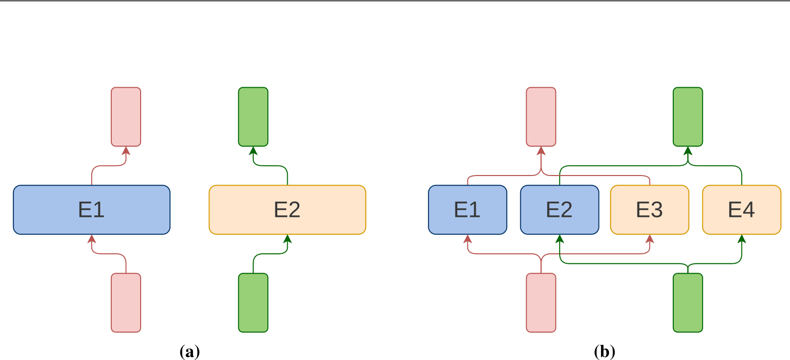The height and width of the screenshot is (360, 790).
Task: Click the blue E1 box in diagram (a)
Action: click(x=92, y=209)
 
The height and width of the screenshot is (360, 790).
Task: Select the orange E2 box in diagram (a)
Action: click(x=287, y=209)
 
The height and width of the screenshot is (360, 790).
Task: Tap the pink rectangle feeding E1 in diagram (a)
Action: click(x=126, y=302)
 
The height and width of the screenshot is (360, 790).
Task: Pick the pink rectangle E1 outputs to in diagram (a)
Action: click(x=126, y=117)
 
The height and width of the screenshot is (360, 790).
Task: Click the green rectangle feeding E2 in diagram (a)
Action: click(x=253, y=302)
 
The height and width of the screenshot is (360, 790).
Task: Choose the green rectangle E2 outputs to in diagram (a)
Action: click(x=253, y=117)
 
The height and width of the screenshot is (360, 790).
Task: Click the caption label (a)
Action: click(x=190, y=352)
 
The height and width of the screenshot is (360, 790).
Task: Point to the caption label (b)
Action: click(x=604, y=352)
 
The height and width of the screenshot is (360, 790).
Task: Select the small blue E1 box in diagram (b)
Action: click(x=467, y=209)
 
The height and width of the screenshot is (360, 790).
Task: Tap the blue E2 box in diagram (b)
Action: click(x=560, y=209)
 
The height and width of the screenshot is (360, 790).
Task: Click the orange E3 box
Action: click(x=649, y=209)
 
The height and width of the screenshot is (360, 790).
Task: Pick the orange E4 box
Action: click(x=742, y=209)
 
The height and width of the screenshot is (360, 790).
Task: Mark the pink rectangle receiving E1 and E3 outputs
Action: click(x=541, y=117)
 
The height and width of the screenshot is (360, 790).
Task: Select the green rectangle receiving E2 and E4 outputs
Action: click(x=688, y=117)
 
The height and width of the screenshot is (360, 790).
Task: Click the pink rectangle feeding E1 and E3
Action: click(x=541, y=302)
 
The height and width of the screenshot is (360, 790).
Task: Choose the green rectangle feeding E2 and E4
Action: click(x=688, y=302)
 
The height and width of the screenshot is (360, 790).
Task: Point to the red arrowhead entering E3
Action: click(x=649, y=239)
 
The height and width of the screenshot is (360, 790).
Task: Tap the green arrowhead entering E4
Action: click(x=742, y=239)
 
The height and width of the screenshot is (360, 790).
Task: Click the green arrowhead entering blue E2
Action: click(x=560, y=239)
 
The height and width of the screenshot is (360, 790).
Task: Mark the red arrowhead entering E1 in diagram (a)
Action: click(x=92, y=239)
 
